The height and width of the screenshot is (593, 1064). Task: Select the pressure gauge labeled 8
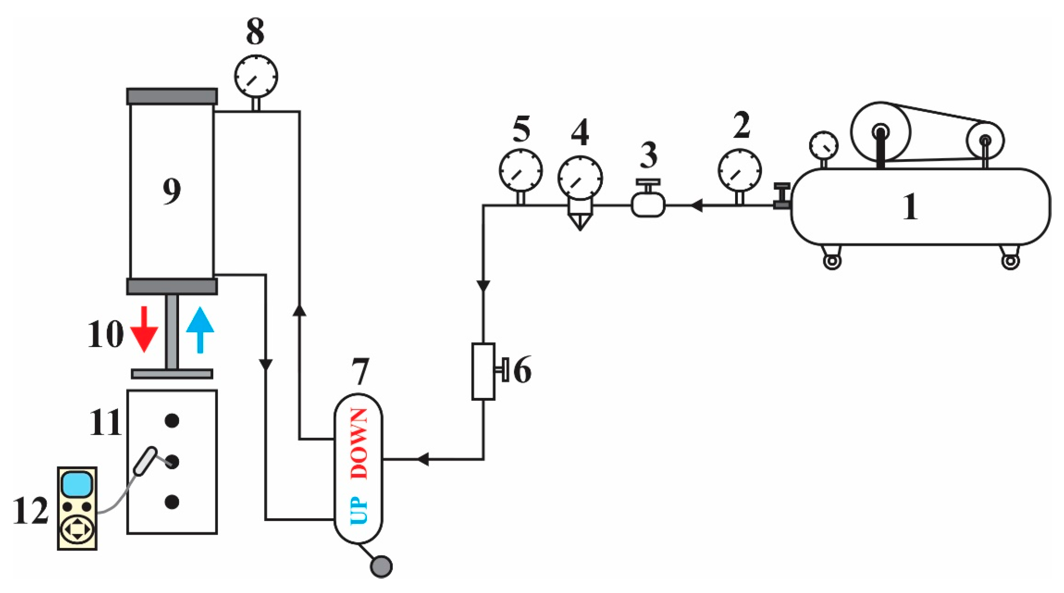tap(256, 76)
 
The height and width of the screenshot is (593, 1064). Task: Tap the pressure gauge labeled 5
tap(520, 170)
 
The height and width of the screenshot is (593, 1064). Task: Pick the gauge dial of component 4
tap(580, 178)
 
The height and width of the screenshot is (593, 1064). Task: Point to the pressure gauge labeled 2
tap(740, 170)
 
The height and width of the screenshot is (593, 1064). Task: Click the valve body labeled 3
tap(648, 205)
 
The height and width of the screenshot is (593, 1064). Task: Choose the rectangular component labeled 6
tap(483, 371)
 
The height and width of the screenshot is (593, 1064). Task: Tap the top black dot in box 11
tap(172, 421)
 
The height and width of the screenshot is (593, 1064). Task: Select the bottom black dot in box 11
tap(172, 502)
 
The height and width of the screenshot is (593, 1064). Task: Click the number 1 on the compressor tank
tap(910, 206)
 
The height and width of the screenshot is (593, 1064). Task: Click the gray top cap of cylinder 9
tap(172, 96)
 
